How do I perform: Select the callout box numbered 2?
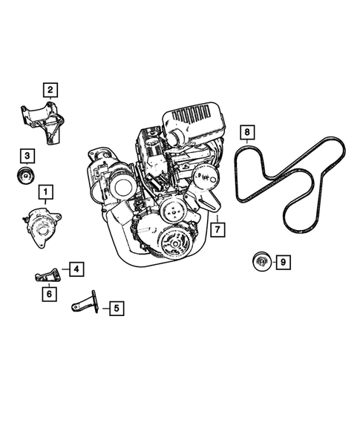click(x=50, y=91)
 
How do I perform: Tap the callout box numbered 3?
click(x=27, y=155)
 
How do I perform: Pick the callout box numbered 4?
click(x=77, y=269)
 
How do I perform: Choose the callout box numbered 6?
click(x=48, y=294)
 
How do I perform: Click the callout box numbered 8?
click(x=248, y=134)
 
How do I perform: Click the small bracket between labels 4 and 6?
click(x=45, y=276)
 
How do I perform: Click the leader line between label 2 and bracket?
click(x=50, y=102)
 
